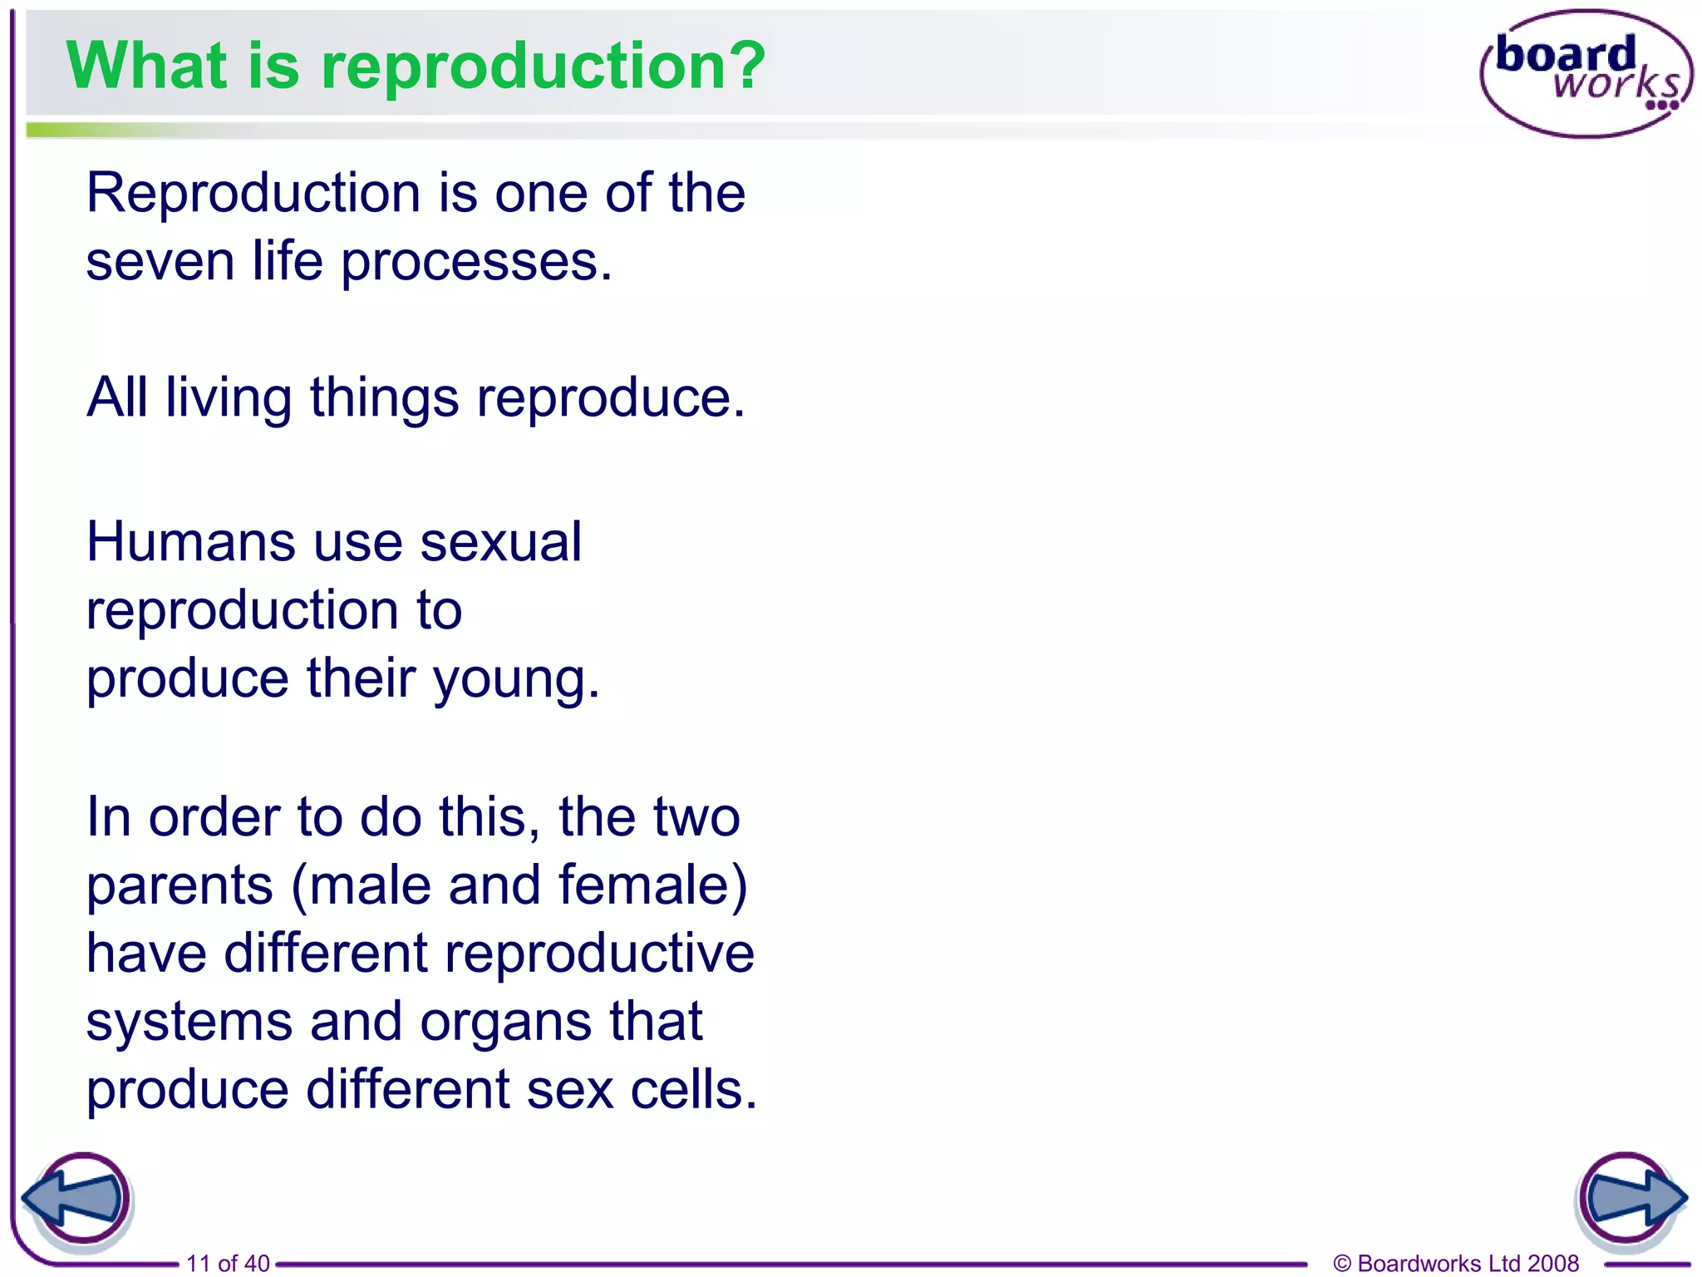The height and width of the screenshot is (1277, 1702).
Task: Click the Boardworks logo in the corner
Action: (x=1586, y=73)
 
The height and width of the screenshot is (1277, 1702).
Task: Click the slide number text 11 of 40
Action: (x=228, y=1264)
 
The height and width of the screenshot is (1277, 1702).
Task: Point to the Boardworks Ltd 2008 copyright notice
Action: (x=1455, y=1264)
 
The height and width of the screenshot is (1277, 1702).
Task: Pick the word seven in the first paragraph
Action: (x=160, y=263)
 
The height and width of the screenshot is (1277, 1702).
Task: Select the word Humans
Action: (x=190, y=542)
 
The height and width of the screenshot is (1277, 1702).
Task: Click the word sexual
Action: (x=500, y=542)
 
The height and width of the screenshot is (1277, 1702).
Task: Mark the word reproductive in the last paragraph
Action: (x=599, y=954)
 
